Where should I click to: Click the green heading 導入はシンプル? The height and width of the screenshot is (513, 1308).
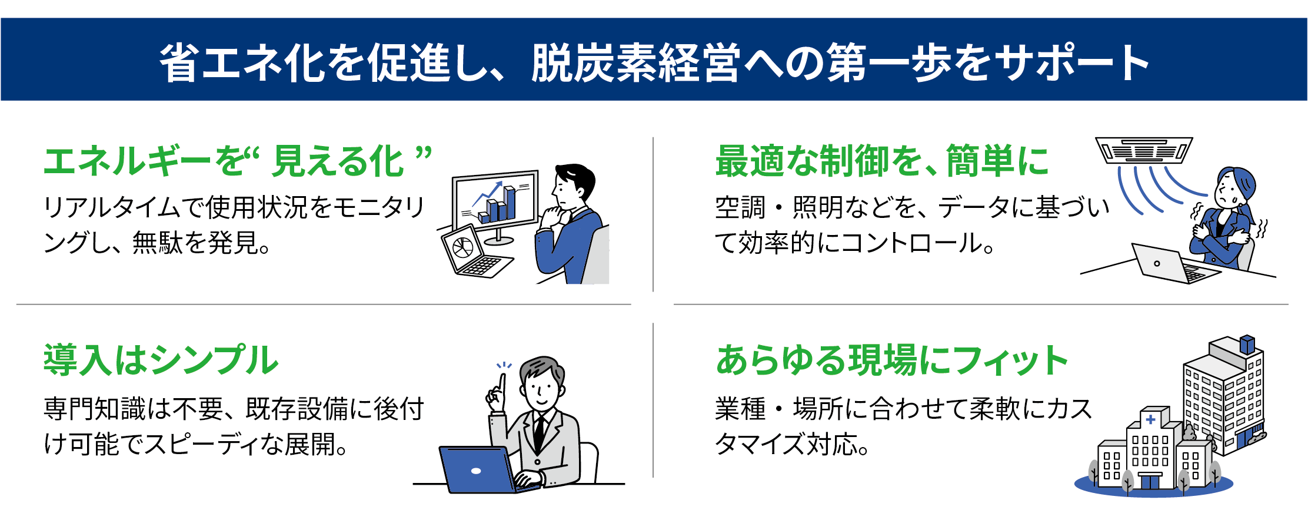(161, 360)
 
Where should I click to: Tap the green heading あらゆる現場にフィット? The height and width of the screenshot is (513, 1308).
(891, 360)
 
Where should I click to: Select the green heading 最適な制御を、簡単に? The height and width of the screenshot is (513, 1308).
(881, 161)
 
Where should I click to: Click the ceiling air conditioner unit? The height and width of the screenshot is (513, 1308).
(1143, 150)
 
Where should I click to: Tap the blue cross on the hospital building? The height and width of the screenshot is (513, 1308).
(1150, 420)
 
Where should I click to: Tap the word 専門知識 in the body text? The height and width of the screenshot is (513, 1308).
(94, 409)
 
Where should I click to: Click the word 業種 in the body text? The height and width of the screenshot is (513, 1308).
(740, 409)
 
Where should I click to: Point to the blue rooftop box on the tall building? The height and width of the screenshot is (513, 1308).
(1247, 343)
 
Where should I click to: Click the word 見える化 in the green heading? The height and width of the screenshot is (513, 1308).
(337, 161)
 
